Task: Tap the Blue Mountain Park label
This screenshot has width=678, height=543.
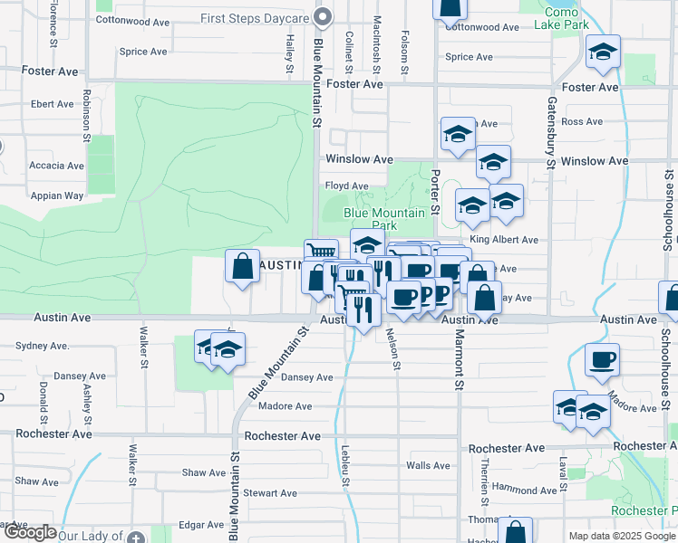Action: coord(383,219)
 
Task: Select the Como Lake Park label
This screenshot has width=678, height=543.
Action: coord(568,18)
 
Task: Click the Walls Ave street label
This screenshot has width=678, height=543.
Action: coord(428,466)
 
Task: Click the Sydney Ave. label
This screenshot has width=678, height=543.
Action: coord(44,346)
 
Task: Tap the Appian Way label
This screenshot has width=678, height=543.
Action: coord(58,195)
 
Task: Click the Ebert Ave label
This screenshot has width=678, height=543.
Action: coord(52,104)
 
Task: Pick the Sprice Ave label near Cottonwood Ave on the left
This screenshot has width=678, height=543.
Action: coord(143,52)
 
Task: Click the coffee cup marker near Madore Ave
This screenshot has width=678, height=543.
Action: coord(602,359)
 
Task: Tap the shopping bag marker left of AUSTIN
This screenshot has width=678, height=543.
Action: coord(242,267)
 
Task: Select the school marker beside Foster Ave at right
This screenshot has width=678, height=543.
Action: coord(603,52)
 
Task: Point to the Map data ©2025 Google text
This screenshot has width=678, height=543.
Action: coord(621,536)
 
